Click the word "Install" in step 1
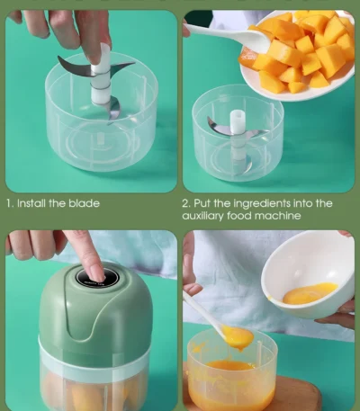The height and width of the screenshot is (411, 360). coord(31,203)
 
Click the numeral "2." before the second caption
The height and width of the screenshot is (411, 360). coord(185,203)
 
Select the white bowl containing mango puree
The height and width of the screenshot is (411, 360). coord(308,274)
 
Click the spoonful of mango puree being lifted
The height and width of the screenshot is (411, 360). coord(237,337)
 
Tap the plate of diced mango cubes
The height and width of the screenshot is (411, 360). coord(297,56)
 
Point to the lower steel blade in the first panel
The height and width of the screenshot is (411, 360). coord(112,109)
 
